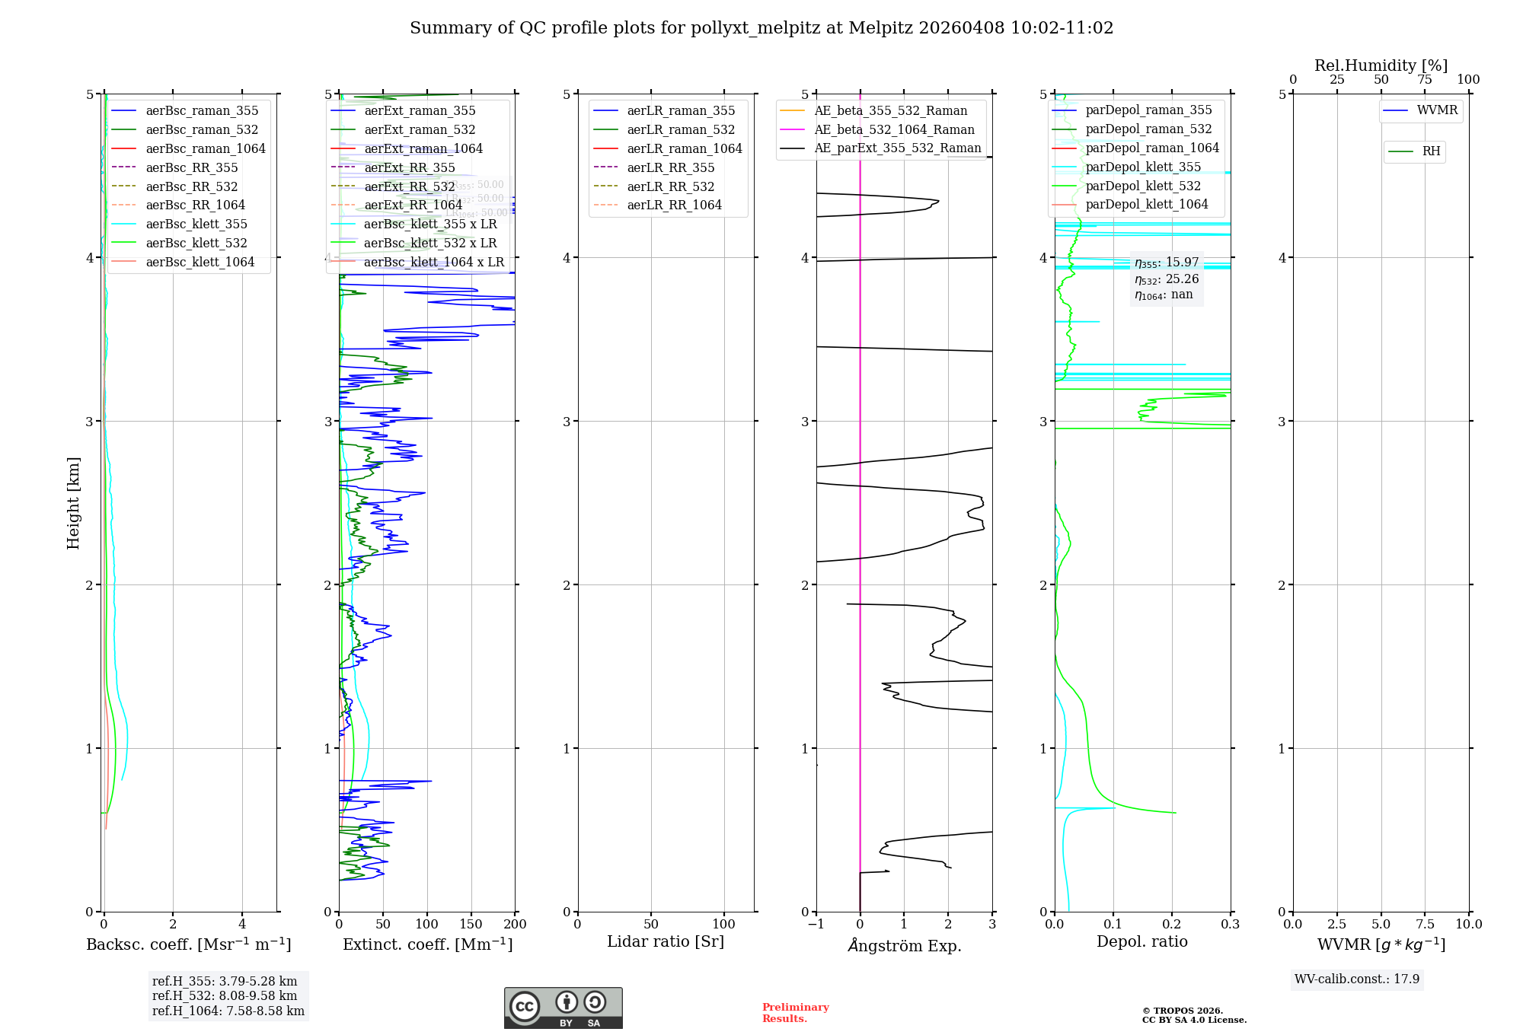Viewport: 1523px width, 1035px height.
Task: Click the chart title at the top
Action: click(x=761, y=28)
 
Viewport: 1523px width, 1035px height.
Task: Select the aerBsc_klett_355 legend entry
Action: click(x=196, y=224)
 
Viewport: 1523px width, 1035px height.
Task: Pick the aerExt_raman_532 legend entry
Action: click(x=420, y=129)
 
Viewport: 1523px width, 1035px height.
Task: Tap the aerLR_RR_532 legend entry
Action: click(x=670, y=186)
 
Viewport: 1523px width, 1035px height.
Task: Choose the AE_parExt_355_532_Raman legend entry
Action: click(x=897, y=148)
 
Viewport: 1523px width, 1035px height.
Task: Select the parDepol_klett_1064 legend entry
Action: click(x=1146, y=204)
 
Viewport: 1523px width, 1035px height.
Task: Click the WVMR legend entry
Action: click(x=1437, y=110)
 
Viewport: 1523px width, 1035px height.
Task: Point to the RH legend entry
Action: click(x=1431, y=151)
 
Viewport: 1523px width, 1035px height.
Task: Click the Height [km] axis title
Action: click(x=73, y=502)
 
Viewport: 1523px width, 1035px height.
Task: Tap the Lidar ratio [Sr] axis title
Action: click(x=665, y=941)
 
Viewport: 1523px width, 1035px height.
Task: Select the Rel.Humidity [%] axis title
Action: click(x=1381, y=65)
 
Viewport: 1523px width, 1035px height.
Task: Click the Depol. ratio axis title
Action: click(x=1141, y=941)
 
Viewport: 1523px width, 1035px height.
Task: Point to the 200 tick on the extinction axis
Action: click(x=515, y=924)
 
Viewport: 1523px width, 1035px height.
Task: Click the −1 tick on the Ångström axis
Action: click(x=816, y=924)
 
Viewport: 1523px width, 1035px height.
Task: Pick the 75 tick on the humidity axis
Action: click(x=1424, y=80)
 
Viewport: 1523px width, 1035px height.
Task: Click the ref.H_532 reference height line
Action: click(x=225, y=995)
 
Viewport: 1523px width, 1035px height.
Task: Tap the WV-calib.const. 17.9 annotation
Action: click(x=1356, y=979)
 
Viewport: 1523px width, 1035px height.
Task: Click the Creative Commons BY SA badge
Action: click(x=563, y=1008)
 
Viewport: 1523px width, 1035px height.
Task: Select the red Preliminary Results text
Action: click(x=795, y=1012)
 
